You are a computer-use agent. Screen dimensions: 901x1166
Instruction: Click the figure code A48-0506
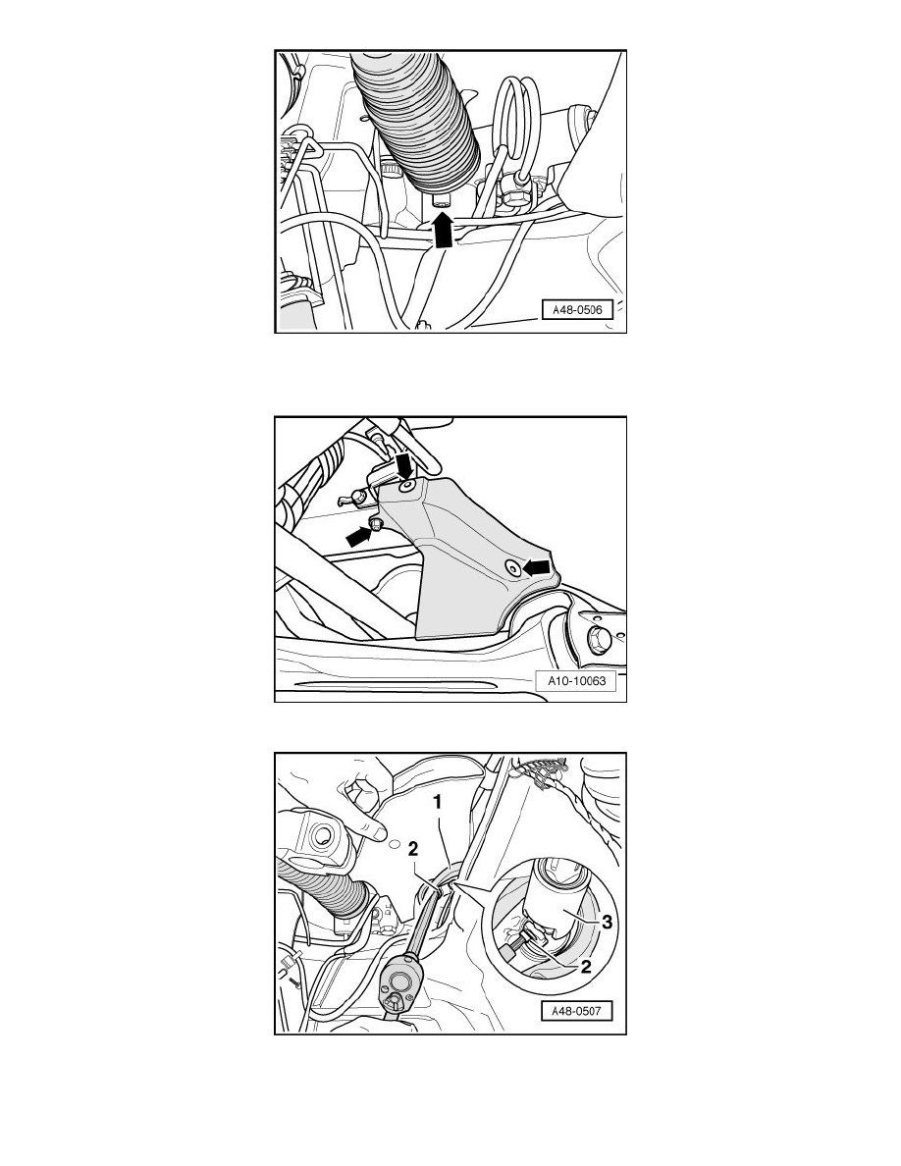click(x=578, y=309)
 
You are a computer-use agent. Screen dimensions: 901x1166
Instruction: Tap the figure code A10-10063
click(x=577, y=680)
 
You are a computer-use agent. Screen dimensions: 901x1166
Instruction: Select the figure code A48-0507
click(x=577, y=1011)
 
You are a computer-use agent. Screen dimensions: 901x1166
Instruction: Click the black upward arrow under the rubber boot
click(x=443, y=229)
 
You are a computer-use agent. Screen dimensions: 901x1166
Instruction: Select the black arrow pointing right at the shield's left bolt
click(x=359, y=536)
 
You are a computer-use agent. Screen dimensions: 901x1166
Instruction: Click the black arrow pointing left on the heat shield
click(x=536, y=567)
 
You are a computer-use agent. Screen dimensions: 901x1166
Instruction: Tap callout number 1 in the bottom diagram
click(x=438, y=803)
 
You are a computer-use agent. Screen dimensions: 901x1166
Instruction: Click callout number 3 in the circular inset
click(x=607, y=922)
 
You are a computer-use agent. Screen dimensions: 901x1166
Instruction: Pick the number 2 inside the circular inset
click(x=587, y=967)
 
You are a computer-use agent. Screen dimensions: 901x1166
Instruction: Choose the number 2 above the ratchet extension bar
click(x=413, y=849)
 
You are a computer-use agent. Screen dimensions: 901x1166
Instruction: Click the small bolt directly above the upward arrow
click(x=442, y=201)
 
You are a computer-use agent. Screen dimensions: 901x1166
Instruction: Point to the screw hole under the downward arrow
click(x=406, y=487)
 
